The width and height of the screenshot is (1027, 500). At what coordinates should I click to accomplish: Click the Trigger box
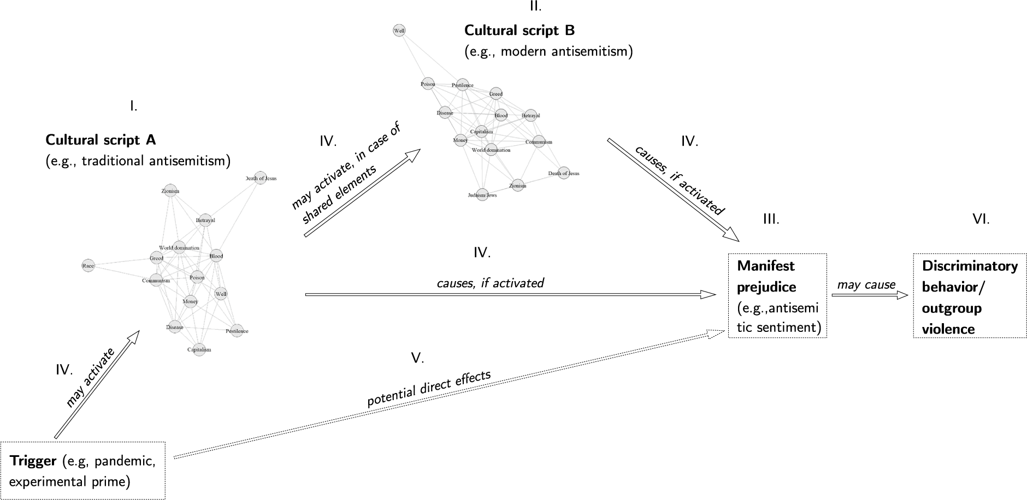click(x=83, y=471)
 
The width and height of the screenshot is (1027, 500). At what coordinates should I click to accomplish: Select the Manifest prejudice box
click(x=777, y=296)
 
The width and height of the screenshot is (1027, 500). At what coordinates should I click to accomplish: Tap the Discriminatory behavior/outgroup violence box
click(x=970, y=296)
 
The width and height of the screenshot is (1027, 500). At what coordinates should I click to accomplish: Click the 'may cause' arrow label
click(x=866, y=284)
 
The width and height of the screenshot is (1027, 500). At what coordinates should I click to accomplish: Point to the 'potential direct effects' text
click(x=429, y=389)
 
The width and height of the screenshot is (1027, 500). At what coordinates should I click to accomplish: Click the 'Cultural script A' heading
click(x=101, y=140)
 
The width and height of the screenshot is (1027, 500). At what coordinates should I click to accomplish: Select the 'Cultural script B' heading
click(x=519, y=31)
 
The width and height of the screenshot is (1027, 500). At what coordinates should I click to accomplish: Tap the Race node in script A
click(x=88, y=266)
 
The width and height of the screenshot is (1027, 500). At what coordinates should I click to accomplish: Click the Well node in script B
click(x=399, y=31)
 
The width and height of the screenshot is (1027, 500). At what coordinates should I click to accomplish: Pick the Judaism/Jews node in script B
click(x=482, y=194)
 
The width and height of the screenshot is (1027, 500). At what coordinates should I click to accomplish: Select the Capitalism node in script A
click(x=199, y=349)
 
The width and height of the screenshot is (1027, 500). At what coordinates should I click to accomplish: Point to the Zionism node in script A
click(x=170, y=191)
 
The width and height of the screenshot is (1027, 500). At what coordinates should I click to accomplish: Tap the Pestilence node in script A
click(x=237, y=331)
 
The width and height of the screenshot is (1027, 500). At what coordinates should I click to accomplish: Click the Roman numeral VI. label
click(x=981, y=219)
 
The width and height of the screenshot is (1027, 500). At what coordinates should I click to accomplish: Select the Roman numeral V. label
click(x=417, y=358)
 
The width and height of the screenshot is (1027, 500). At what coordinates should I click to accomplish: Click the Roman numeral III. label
click(x=771, y=219)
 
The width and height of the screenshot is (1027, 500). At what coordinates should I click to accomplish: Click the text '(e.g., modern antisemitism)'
click(x=548, y=52)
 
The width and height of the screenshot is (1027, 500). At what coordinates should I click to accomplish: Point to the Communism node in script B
click(x=539, y=141)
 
